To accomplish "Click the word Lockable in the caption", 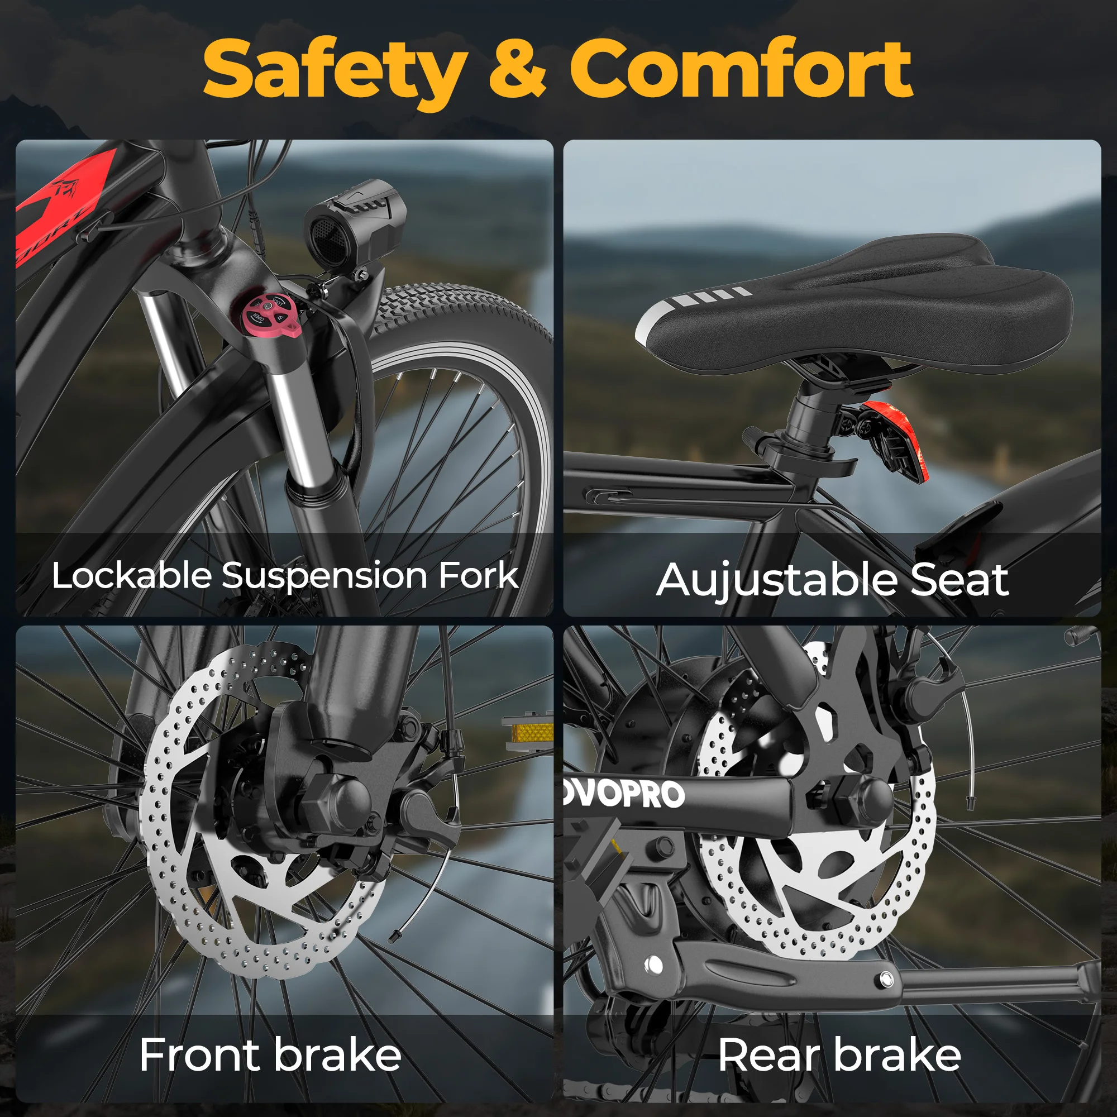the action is click(x=132, y=576).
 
